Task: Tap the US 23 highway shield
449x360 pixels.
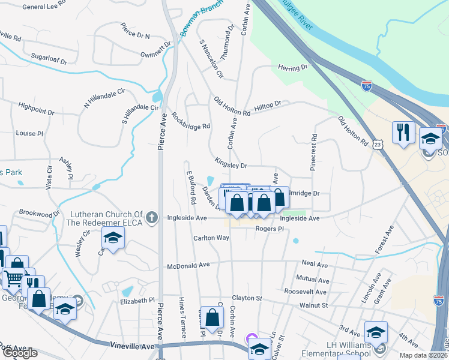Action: click(377, 144)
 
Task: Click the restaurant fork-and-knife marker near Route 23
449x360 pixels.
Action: click(402, 132)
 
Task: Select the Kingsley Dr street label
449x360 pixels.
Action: click(231, 163)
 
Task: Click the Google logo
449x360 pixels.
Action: click(20, 353)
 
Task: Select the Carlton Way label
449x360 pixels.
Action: click(211, 238)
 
